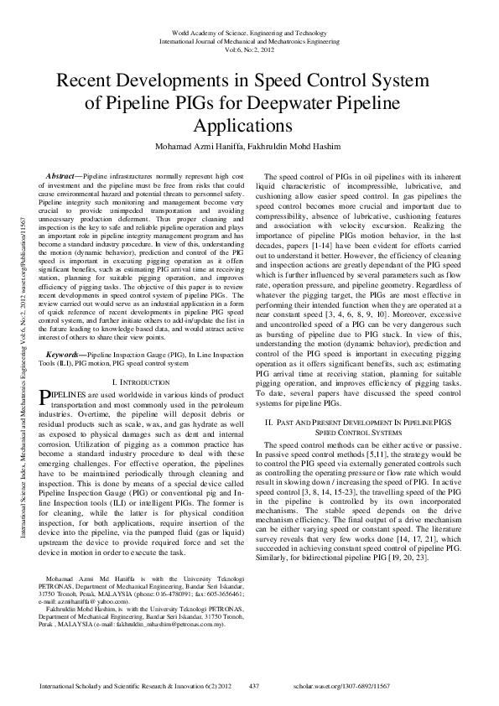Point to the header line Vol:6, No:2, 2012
coord(249,49)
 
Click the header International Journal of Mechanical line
coord(249,39)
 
